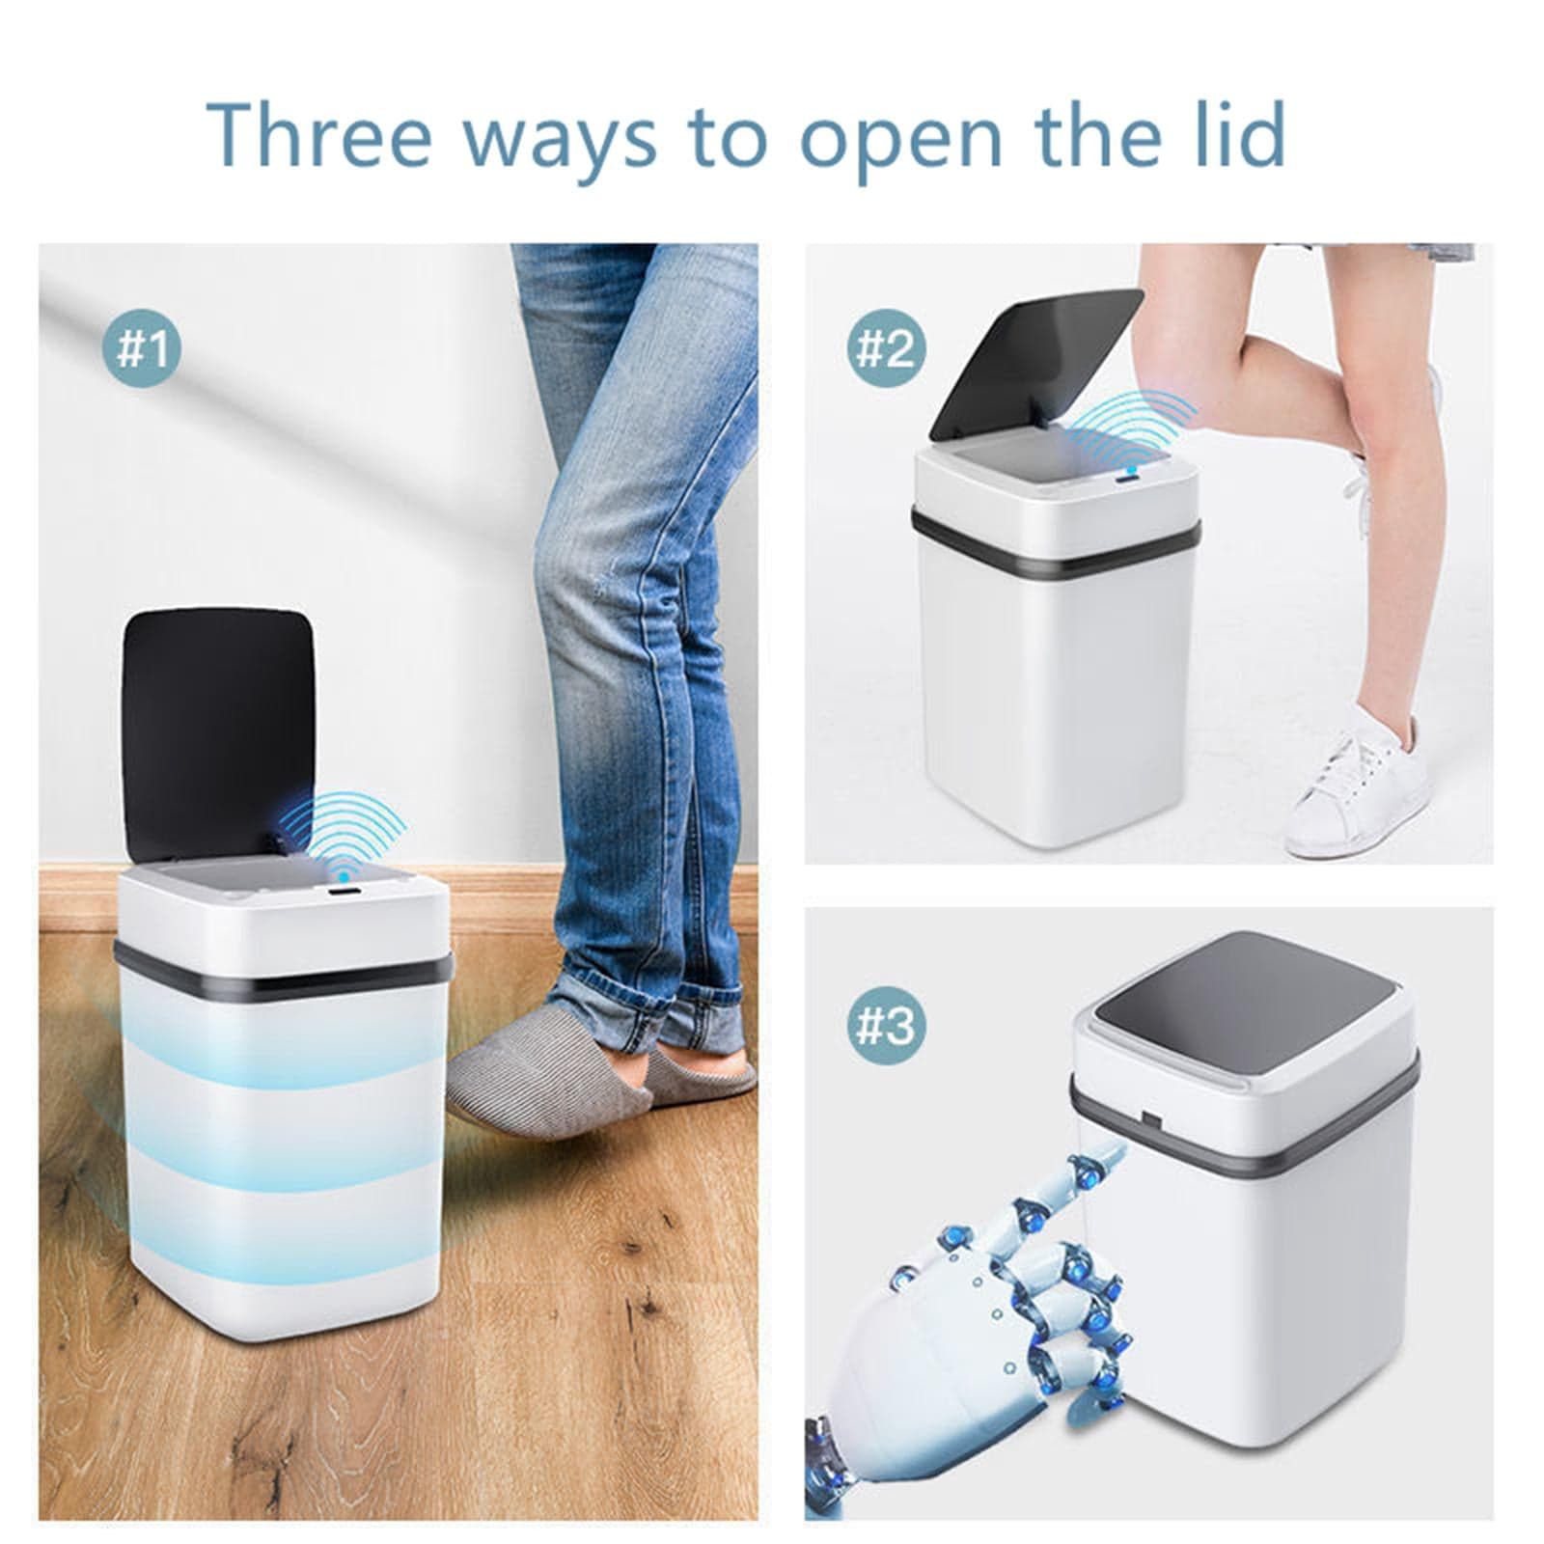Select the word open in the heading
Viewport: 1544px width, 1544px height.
[x=899, y=143]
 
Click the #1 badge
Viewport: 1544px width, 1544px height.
[x=142, y=348]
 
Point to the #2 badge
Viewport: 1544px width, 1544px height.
[x=885, y=348]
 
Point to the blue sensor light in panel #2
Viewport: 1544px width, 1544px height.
[x=1128, y=473]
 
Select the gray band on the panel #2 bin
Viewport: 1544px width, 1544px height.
[x=1056, y=541]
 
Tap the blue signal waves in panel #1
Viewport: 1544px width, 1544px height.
[x=351, y=826]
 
